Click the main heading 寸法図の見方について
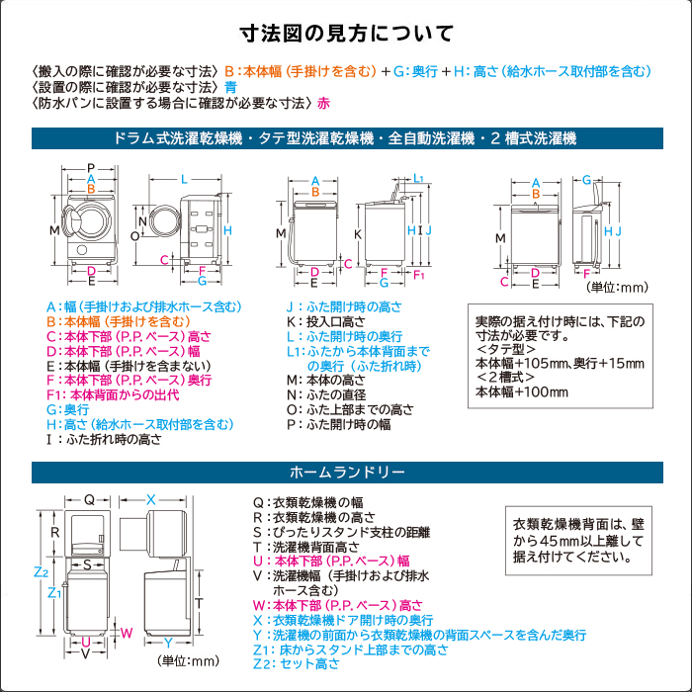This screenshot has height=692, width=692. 346,33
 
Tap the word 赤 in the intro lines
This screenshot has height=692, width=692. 324,102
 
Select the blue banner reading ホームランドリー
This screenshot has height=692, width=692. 345,471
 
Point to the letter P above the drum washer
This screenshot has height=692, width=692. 90,168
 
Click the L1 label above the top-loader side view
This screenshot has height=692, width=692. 419,179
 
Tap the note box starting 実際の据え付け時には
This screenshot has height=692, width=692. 560,356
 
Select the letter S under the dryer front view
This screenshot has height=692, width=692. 87,563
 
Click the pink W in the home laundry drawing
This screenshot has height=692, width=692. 126,632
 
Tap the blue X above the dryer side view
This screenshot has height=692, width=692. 151,499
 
